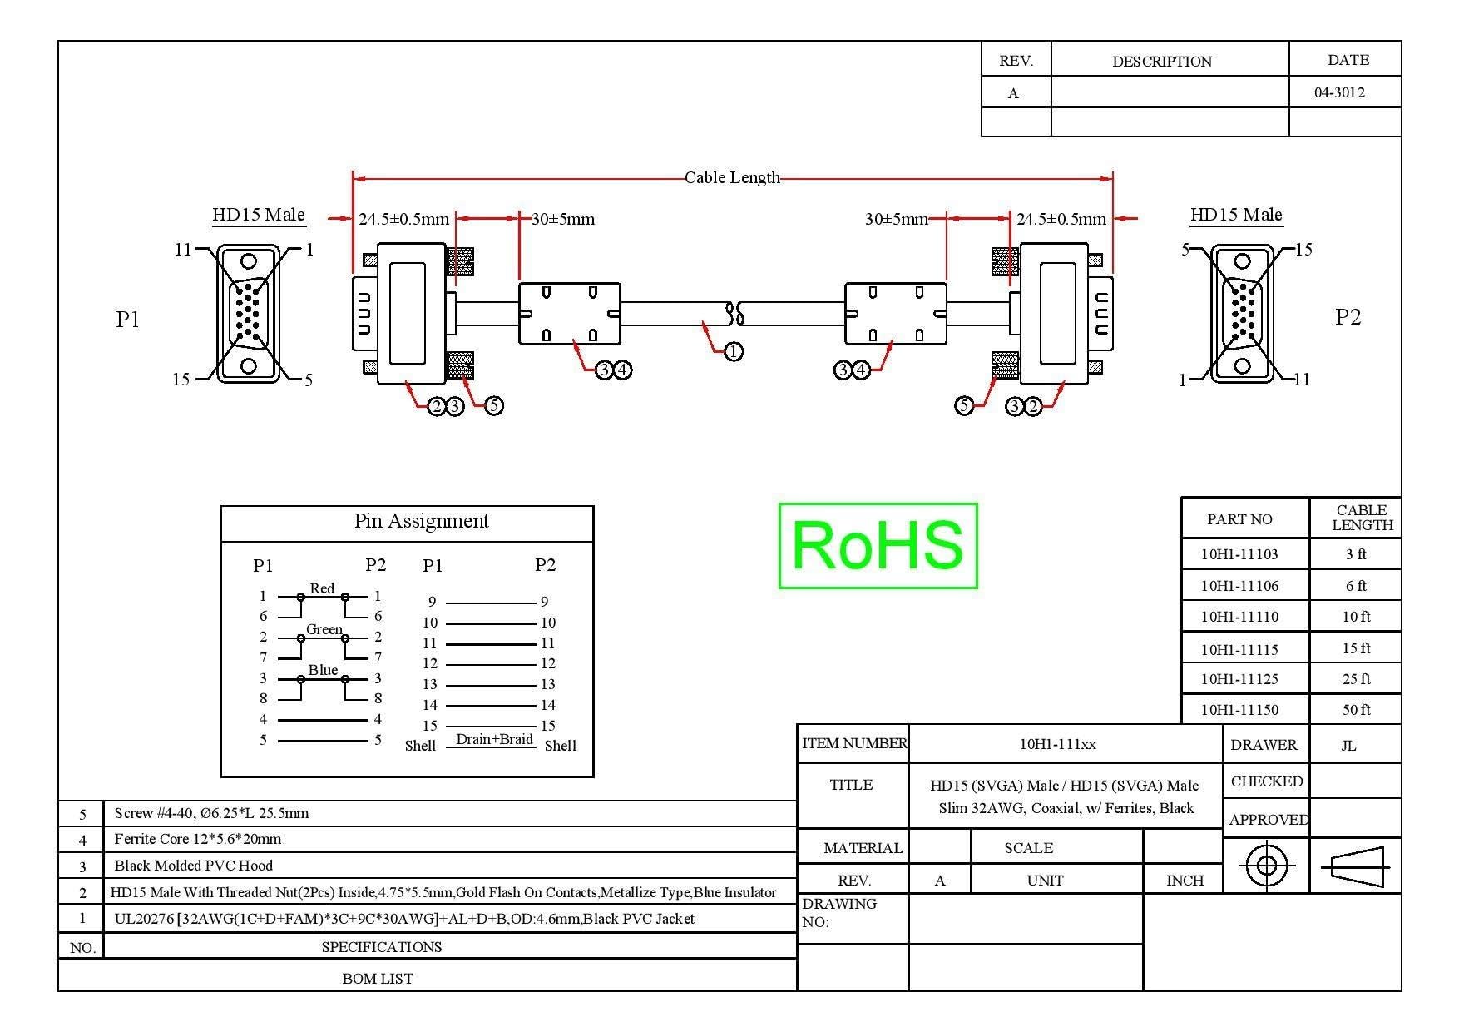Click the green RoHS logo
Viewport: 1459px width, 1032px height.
pyautogui.click(x=878, y=545)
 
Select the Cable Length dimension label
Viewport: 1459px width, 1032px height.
pyautogui.click(x=732, y=177)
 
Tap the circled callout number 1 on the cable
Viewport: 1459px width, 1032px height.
pyautogui.click(x=733, y=352)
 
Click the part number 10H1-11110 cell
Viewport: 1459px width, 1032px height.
pyautogui.click(x=1239, y=617)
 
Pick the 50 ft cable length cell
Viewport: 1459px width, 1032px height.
pyautogui.click(x=1356, y=710)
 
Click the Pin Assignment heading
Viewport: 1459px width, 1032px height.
pyautogui.click(x=421, y=521)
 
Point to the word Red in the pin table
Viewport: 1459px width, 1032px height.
pyautogui.click(x=322, y=588)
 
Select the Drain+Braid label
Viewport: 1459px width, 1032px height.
pyautogui.click(x=494, y=739)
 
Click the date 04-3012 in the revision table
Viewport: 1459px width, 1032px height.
pyautogui.click(x=1339, y=92)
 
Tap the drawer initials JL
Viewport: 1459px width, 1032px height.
pyautogui.click(x=1348, y=746)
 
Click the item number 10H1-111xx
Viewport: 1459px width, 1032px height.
pyautogui.click(x=1057, y=744)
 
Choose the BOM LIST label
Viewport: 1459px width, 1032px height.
pyautogui.click(x=378, y=979)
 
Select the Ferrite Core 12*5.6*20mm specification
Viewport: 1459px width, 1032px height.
pyautogui.click(x=198, y=839)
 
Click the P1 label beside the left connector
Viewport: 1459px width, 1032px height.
pyautogui.click(x=127, y=319)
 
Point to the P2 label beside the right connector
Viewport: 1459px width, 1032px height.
pyautogui.click(x=1348, y=317)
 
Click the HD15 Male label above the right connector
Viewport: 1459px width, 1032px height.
pyautogui.click(x=1236, y=215)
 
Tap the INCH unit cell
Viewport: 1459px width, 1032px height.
pyautogui.click(x=1185, y=881)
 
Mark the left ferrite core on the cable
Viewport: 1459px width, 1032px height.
pyautogui.click(x=570, y=314)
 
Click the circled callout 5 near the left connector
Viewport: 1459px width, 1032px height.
pyautogui.click(x=494, y=405)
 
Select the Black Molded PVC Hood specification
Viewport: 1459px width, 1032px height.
pyautogui.click(x=194, y=866)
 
